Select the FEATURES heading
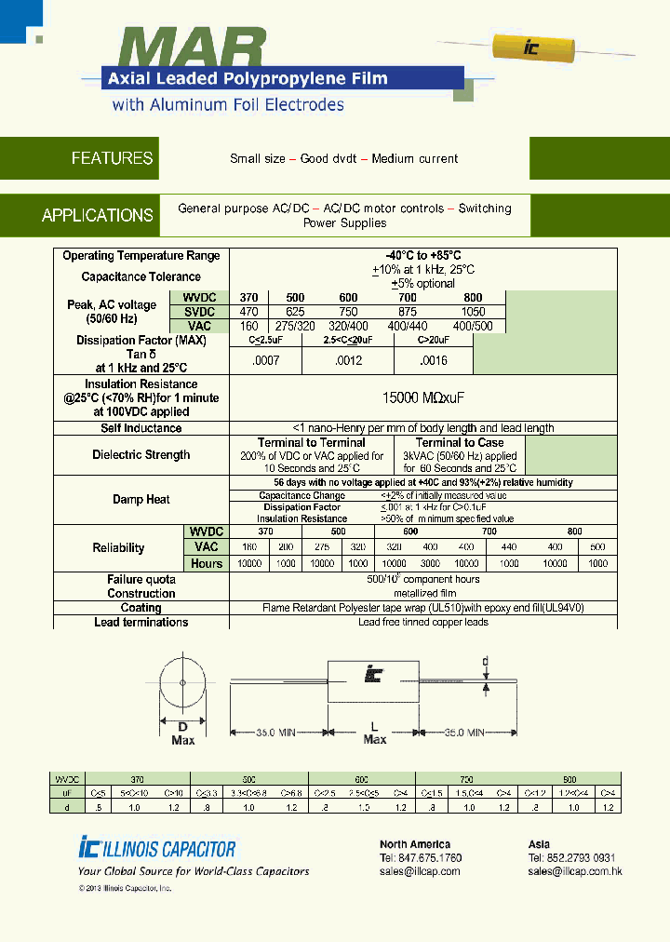pyautogui.click(x=112, y=158)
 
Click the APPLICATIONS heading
pyautogui.click(x=98, y=215)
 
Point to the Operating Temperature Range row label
pyautogui.click(x=141, y=256)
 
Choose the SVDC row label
pyautogui.click(x=199, y=312)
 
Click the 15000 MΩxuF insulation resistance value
pyautogui.click(x=423, y=397)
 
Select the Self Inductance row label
pyautogui.click(x=141, y=428)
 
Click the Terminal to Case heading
pyautogui.click(x=460, y=443)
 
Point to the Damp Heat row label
pyautogui.click(x=141, y=500)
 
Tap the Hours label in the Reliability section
pyautogui.click(x=207, y=563)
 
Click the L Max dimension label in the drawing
pyautogui.click(x=374, y=733)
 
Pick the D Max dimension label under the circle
pyautogui.click(x=182, y=733)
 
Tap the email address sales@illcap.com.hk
pyautogui.click(x=574, y=871)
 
